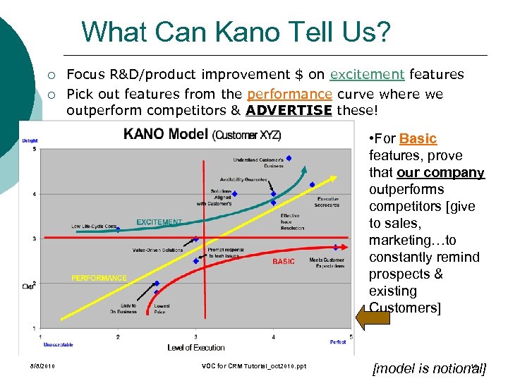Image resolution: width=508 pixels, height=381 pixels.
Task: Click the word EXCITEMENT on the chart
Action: pos(159,222)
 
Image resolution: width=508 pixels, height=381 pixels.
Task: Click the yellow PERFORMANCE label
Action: pos(99,278)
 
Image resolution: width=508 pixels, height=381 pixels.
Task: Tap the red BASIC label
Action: pos(283,262)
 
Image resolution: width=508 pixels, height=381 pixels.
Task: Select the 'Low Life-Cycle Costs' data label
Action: pos(94,226)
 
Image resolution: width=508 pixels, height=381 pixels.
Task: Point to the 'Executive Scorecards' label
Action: pos(327,202)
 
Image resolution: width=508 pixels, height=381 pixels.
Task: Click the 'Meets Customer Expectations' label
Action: pos(326,263)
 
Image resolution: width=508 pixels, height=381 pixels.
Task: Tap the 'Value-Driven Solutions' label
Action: pos(157,250)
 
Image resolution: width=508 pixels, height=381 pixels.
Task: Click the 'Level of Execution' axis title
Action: pos(195,347)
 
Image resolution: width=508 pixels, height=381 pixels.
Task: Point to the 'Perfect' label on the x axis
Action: pos(338,341)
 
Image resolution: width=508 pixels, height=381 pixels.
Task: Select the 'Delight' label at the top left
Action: pos(30,140)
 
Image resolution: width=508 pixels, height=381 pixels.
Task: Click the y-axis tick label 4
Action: pos(34,194)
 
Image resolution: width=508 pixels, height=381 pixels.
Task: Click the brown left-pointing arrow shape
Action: pos(373,317)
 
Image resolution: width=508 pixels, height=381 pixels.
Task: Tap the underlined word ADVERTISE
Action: pos(289,111)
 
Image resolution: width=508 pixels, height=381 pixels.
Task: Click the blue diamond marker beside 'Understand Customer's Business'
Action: pos(289,158)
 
